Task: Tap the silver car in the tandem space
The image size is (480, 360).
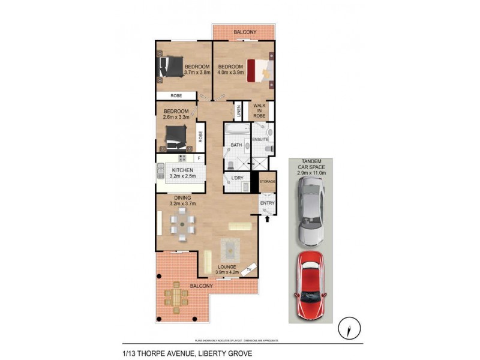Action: [x=310, y=214]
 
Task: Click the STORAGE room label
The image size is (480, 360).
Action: [x=267, y=181]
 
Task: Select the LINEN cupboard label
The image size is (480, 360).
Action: [x=238, y=111]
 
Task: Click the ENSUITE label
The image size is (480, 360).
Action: [x=260, y=139]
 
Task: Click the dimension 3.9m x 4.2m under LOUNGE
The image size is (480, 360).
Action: [x=227, y=272]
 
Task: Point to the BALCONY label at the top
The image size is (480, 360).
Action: [x=244, y=31]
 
